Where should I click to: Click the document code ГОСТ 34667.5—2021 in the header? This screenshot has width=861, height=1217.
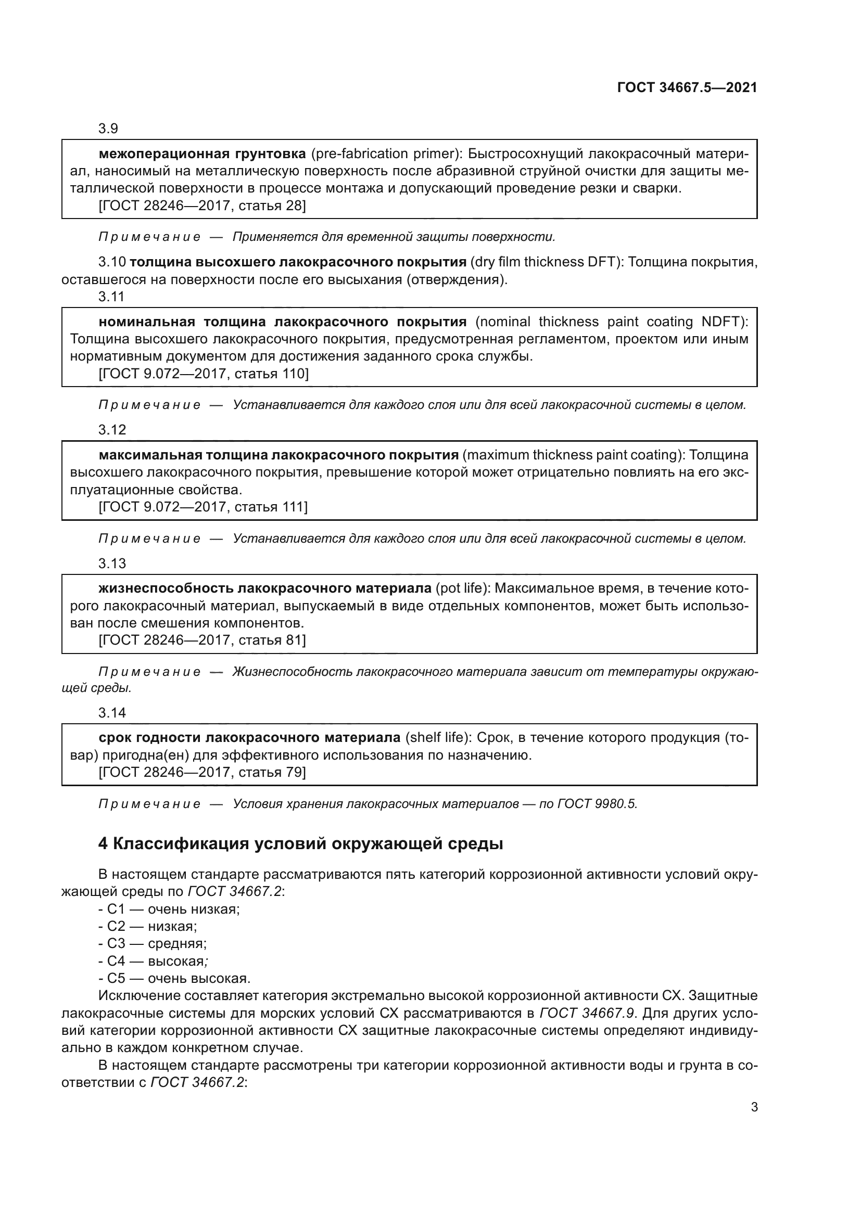(x=687, y=88)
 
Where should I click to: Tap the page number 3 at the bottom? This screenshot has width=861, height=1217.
(x=754, y=1107)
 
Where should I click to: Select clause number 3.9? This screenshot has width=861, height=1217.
(x=108, y=129)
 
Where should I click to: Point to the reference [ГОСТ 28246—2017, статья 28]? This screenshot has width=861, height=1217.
(x=202, y=205)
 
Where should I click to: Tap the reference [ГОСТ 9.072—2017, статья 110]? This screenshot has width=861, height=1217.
(x=203, y=374)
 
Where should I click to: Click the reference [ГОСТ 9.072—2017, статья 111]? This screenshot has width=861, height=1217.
(x=203, y=507)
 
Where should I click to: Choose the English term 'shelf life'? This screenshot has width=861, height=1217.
(x=438, y=738)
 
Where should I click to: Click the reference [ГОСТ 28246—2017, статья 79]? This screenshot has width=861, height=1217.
(x=202, y=772)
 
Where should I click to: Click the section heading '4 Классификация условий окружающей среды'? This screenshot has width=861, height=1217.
(x=300, y=843)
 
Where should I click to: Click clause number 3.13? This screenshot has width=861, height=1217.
(x=112, y=563)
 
